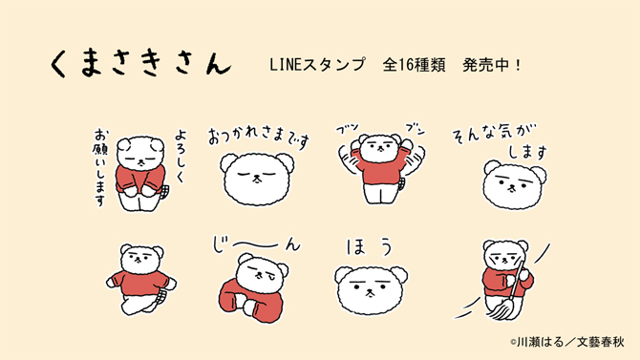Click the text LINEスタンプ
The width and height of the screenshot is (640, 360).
pos(319,66)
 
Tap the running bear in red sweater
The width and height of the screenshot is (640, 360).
pos(142,280)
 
